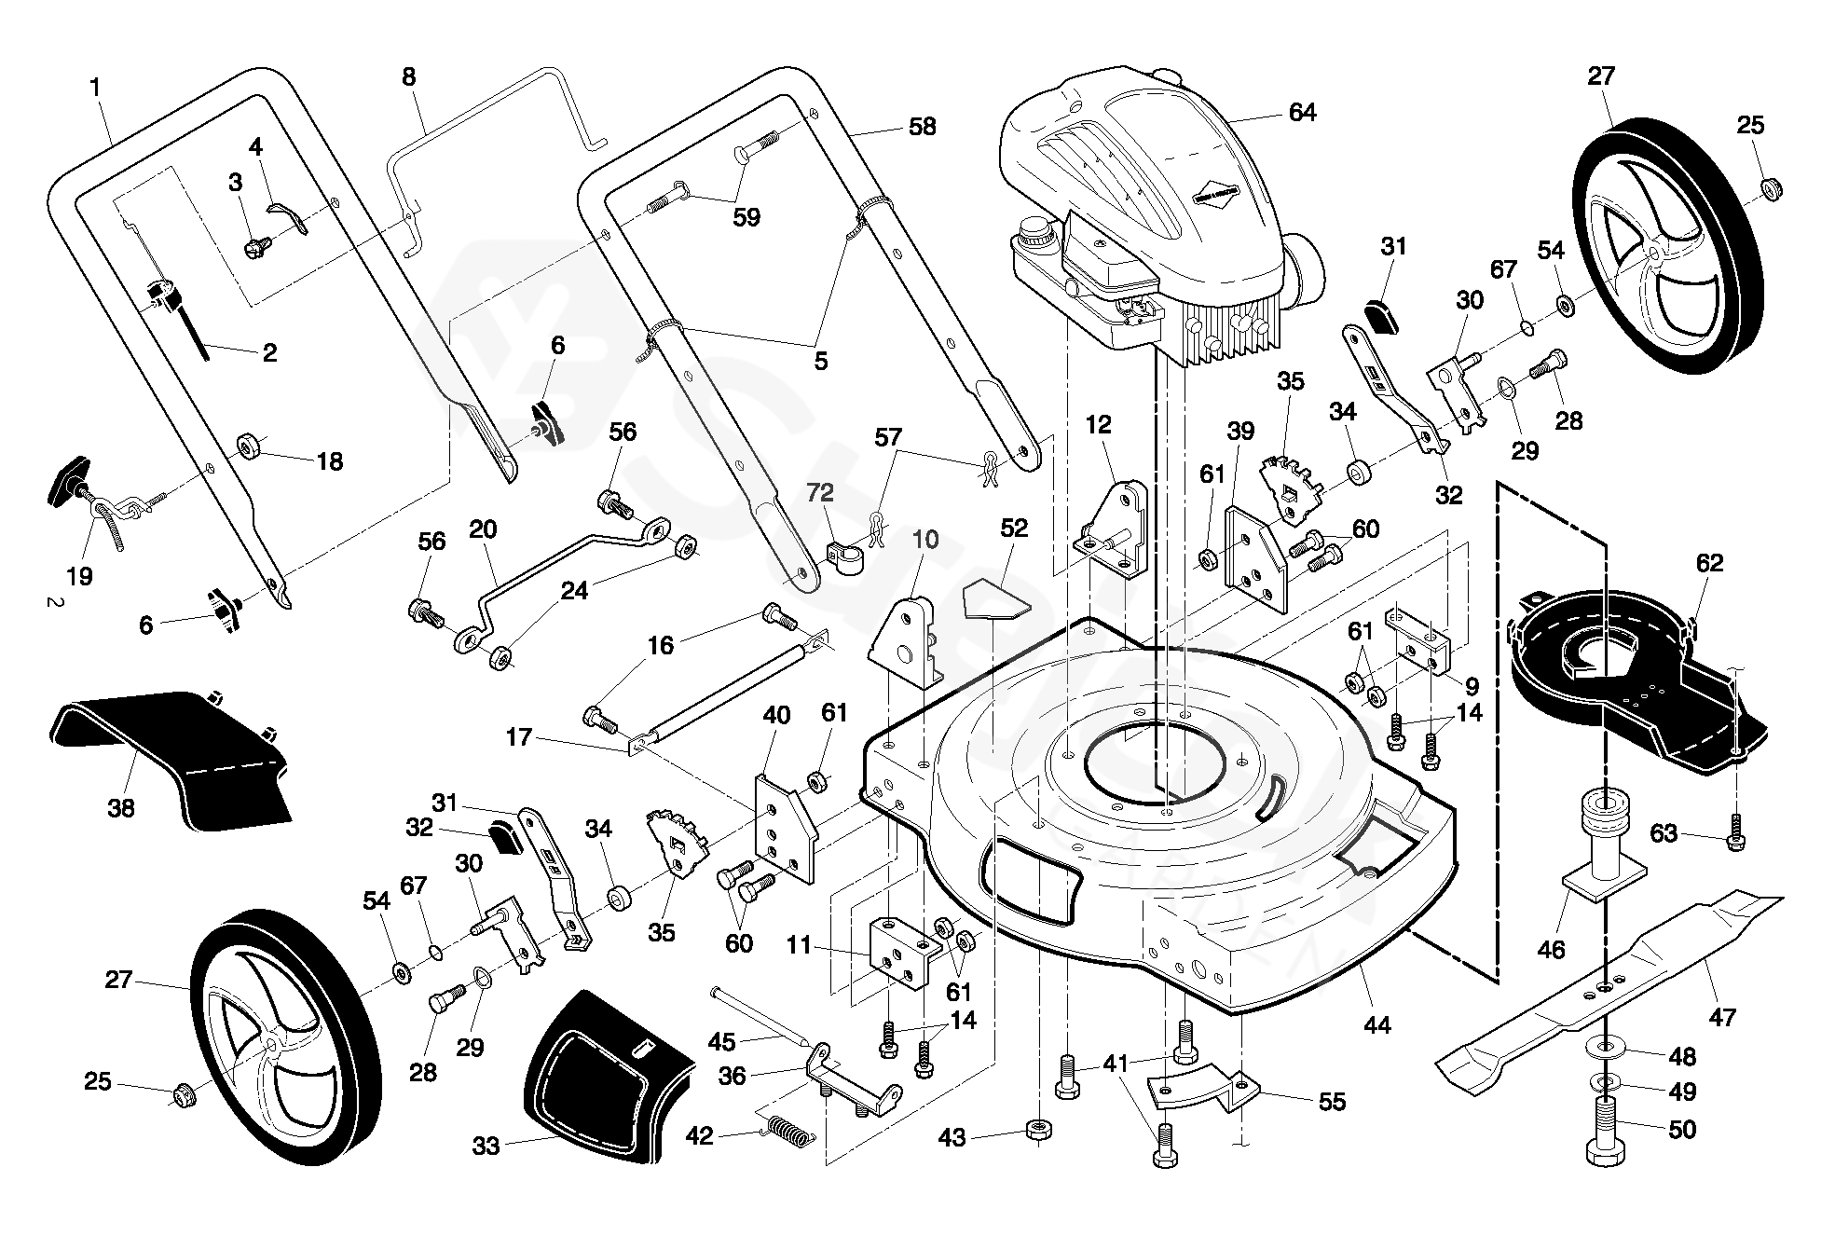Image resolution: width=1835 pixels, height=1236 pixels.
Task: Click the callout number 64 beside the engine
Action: click(x=1302, y=113)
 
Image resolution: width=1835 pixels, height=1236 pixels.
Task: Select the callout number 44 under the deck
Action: click(x=1376, y=1025)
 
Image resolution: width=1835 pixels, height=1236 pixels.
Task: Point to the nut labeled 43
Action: click(x=1039, y=1131)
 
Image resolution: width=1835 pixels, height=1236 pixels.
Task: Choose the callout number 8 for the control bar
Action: click(x=409, y=76)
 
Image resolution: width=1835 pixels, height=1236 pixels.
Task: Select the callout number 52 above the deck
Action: click(x=1013, y=529)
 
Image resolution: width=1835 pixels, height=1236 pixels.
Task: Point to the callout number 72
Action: click(x=820, y=492)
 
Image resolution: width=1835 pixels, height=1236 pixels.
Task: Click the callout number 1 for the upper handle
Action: click(x=95, y=88)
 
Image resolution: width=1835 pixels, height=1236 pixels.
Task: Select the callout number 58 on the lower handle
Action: click(x=922, y=127)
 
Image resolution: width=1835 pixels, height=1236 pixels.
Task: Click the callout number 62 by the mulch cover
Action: click(x=1710, y=563)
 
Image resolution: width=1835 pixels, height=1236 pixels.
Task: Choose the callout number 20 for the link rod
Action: click(x=483, y=529)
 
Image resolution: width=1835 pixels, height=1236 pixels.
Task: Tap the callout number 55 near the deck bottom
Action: click(x=1333, y=1102)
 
